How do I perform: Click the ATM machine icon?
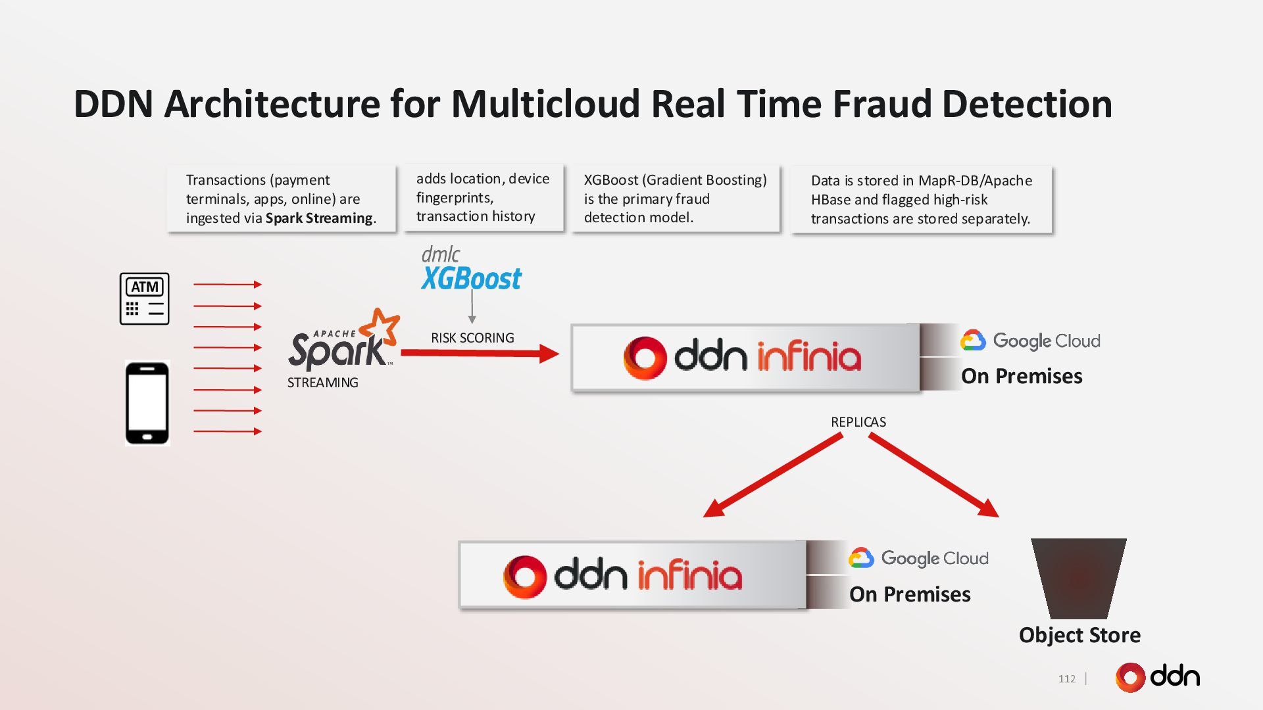pos(144,298)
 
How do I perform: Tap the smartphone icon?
pos(147,403)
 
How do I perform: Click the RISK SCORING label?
pos(472,338)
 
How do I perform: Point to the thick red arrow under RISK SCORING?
pos(480,354)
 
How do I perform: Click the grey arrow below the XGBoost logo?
pos(472,306)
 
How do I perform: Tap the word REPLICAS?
pos(858,422)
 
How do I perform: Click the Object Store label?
pos(1079,635)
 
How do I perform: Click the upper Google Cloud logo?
pos(1030,341)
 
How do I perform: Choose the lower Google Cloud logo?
pos(918,558)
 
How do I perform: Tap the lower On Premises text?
pos(910,594)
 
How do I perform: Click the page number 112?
pos(1067,679)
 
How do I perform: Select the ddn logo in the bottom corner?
pos(1158,677)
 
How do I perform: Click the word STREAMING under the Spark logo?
pos(322,383)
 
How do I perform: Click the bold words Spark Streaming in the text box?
pos(319,218)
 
